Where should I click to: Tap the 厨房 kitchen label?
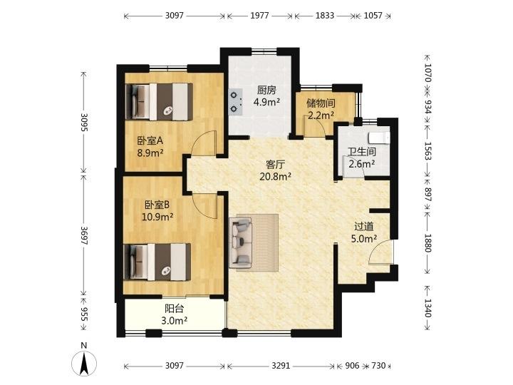[266, 90]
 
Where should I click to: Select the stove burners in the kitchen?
[236, 102]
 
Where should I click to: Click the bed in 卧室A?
[159, 102]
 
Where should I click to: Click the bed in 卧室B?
[157, 262]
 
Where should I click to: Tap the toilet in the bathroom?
[379, 138]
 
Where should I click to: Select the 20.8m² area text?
[276, 177]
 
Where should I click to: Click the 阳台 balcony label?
[175, 309]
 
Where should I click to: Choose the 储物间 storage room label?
[321, 103]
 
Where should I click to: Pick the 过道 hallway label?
[364, 226]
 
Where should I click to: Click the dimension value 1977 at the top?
[259, 16]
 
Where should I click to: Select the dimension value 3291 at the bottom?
[281, 365]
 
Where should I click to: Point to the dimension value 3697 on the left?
[84, 235]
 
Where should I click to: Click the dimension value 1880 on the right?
[427, 242]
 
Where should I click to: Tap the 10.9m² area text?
[157, 217]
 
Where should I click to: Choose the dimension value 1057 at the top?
[373, 16]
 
